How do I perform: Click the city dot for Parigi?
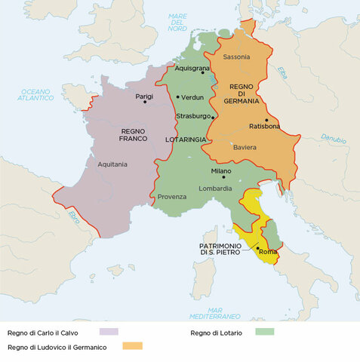(144, 102)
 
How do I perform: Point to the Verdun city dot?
(178, 97)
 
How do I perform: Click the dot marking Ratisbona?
(266, 120)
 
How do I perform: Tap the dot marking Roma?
(258, 248)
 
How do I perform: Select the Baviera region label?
(245, 147)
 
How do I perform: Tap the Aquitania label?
(112, 164)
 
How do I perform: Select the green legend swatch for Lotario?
(264, 331)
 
